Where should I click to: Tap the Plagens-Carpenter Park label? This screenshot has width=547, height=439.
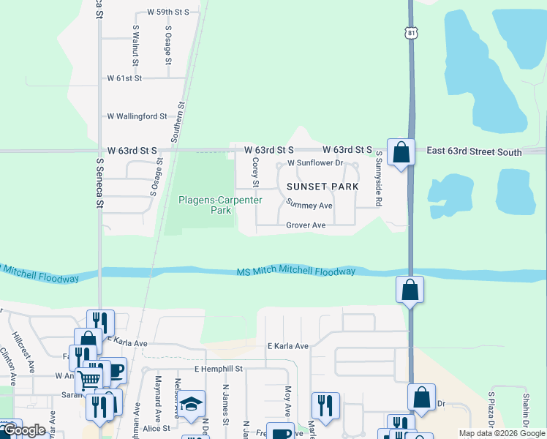205,205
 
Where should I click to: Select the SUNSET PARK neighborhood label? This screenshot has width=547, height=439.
327,187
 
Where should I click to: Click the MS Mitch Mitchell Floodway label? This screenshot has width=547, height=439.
296,271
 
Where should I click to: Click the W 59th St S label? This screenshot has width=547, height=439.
167,12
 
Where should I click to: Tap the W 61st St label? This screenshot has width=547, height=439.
134,78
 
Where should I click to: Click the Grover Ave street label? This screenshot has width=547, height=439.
306,225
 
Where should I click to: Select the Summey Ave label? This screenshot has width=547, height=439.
309,206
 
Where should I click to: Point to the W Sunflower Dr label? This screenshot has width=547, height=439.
315,162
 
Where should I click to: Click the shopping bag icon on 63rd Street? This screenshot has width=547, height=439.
401,153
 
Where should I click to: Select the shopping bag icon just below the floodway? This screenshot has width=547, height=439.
410,290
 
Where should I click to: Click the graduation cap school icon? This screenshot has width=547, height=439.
191,404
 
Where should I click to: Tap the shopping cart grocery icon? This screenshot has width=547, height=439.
89,379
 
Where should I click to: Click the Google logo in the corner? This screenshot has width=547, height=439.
24,429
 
